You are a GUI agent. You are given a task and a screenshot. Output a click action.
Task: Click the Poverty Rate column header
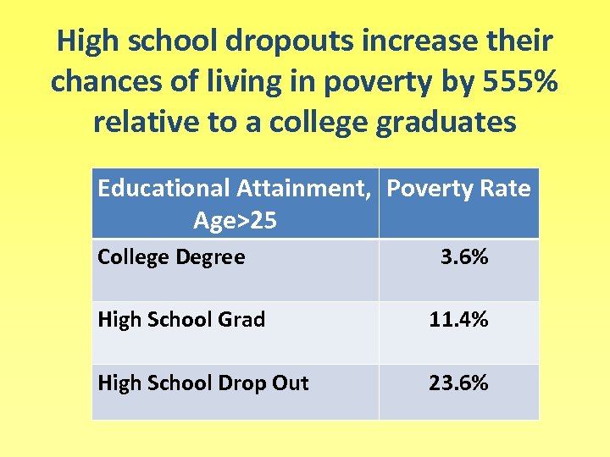tap(458, 188)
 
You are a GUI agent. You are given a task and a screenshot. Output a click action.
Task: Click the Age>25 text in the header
tap(235, 220)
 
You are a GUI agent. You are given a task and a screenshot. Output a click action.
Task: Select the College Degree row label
tap(171, 256)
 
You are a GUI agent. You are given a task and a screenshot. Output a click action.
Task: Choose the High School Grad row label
tap(181, 319)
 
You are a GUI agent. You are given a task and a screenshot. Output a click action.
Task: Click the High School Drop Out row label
tap(203, 383)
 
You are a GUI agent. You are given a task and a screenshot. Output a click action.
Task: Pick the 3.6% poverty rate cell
tap(463, 256)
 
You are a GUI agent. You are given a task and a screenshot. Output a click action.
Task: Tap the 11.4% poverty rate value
tap(458, 319)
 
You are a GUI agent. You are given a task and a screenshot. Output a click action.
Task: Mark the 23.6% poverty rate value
tap(458, 383)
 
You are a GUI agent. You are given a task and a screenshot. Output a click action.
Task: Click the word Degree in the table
tap(209, 256)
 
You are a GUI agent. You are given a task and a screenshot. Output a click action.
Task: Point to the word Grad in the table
tap(242, 319)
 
